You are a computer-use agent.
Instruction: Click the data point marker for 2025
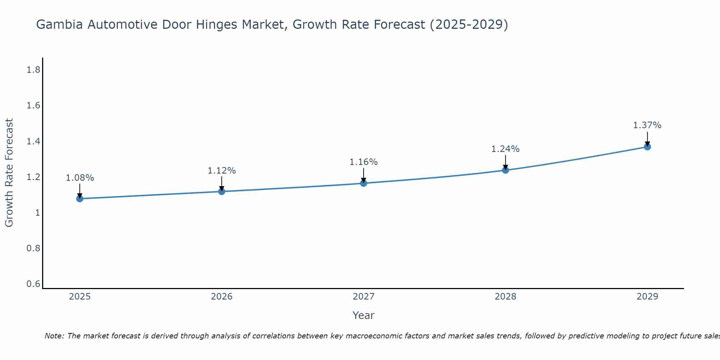tap(80, 199)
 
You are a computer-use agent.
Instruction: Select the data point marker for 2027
tap(364, 183)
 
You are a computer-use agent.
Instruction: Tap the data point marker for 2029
tap(647, 147)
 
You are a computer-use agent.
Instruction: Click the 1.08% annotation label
tap(80, 178)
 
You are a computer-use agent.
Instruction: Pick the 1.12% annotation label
tap(222, 171)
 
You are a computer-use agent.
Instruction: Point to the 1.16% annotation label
tap(364, 162)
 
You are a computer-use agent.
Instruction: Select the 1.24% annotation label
tap(505, 149)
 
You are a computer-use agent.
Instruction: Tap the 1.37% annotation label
tap(647, 125)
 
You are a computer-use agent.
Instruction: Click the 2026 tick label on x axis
tap(222, 297)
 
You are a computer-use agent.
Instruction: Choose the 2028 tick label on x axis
tap(505, 297)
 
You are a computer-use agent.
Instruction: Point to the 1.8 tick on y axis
tap(33, 70)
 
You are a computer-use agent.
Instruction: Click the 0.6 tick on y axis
tap(33, 284)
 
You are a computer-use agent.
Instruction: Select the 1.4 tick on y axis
tap(33, 141)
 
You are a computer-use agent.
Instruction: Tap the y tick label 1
tap(37, 213)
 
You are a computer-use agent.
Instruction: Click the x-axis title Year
tap(364, 315)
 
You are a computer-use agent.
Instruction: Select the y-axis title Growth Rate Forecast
tap(9, 173)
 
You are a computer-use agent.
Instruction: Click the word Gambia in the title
tap(60, 24)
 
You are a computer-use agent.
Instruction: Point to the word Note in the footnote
tap(54, 336)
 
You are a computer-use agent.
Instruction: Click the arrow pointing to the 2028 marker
tap(505, 163)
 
